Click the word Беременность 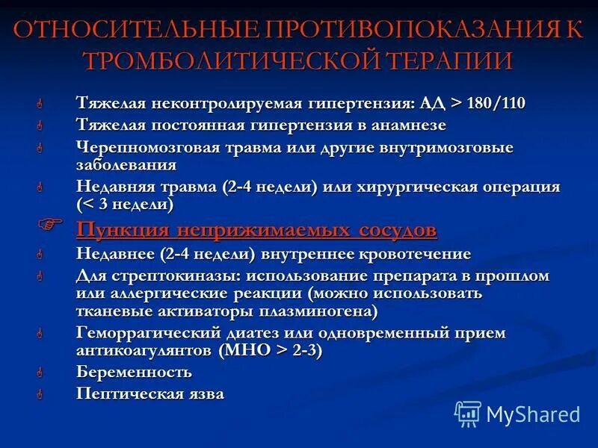(134, 372)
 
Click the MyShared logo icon (468, 414)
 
